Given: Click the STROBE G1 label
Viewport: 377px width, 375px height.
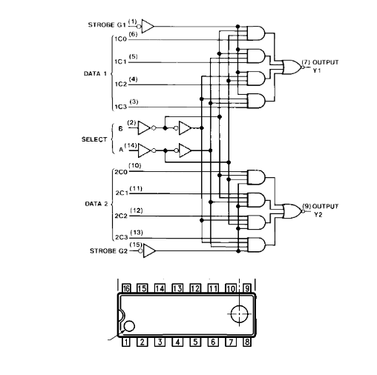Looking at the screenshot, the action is pyautogui.click(x=107, y=25).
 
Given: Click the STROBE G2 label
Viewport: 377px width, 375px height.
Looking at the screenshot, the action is pyautogui.click(x=108, y=251).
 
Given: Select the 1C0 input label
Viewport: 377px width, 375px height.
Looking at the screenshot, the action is pyautogui.click(x=121, y=39).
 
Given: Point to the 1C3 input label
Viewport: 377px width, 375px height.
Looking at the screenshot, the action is pyautogui.click(x=121, y=107).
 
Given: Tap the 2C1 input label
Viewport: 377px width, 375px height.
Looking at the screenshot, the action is pyautogui.click(x=122, y=193).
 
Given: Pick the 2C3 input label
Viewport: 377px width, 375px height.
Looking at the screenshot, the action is pyautogui.click(x=122, y=237).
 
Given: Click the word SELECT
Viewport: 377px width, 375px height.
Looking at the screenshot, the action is pyautogui.click(x=94, y=139).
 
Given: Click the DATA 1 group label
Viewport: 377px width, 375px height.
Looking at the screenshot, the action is pyautogui.click(x=95, y=73).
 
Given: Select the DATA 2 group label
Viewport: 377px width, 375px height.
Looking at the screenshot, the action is pyautogui.click(x=96, y=204).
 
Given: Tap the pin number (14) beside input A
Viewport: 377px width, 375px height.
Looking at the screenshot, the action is pyautogui.click(x=131, y=145).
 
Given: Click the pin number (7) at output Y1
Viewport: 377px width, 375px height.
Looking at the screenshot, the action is pyautogui.click(x=306, y=62).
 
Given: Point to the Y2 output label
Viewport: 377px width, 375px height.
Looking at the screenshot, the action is pyautogui.click(x=318, y=215).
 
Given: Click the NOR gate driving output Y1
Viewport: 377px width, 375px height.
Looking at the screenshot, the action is pyautogui.click(x=292, y=67).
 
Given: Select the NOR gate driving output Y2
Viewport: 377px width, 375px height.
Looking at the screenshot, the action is pyautogui.click(x=292, y=211).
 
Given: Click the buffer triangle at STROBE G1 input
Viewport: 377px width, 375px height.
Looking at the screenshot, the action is pyautogui.click(x=148, y=26).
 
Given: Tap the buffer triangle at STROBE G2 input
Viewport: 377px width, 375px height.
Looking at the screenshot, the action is pyautogui.click(x=149, y=250).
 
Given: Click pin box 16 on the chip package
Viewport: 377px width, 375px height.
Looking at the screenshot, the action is pyautogui.click(x=126, y=288).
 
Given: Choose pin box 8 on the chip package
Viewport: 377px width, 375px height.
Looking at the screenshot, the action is pyautogui.click(x=247, y=342).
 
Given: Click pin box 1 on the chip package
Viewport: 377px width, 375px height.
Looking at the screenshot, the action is pyautogui.click(x=126, y=342).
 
